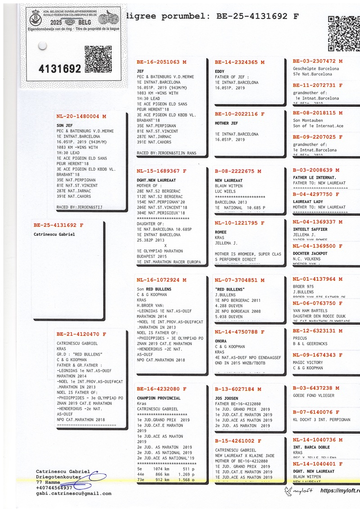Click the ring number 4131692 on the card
pos(60,69)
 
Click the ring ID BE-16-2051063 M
pos(161,63)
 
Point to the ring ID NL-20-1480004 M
pos(81,117)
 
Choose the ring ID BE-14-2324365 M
pos(239,63)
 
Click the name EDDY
pos(220,72)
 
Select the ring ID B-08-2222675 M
pos(238,171)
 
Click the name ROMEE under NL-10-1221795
pos(221,232)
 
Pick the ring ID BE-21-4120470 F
pos(81,334)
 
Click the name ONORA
pos(221,341)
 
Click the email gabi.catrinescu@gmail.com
pos(73,494)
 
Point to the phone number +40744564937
pos(54,488)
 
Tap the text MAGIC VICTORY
pos(308,363)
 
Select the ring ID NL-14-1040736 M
pos(317,440)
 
